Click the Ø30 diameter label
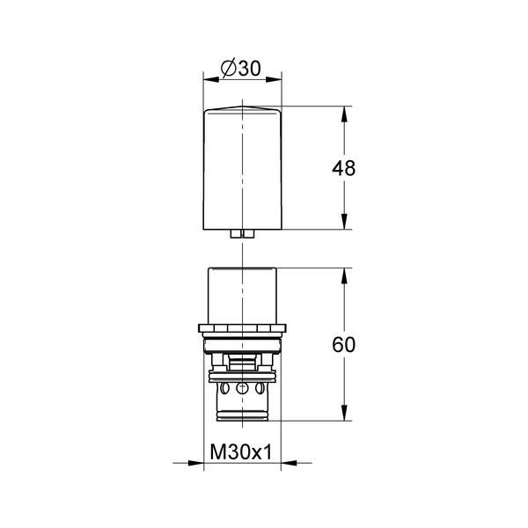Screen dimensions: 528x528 click(x=241, y=69)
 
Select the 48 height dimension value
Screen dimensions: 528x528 click(x=343, y=168)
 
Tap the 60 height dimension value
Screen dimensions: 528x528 click(x=343, y=344)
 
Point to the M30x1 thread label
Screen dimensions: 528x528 click(x=241, y=451)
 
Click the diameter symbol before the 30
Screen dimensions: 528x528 click(x=228, y=69)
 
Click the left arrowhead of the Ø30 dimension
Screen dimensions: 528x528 click(x=211, y=79)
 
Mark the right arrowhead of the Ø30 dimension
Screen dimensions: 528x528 click(x=274, y=79)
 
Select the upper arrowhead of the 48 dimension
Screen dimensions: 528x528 click(x=344, y=114)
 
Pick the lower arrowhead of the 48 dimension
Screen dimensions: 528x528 click(x=344, y=222)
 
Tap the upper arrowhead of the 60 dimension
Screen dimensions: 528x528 click(x=344, y=275)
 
